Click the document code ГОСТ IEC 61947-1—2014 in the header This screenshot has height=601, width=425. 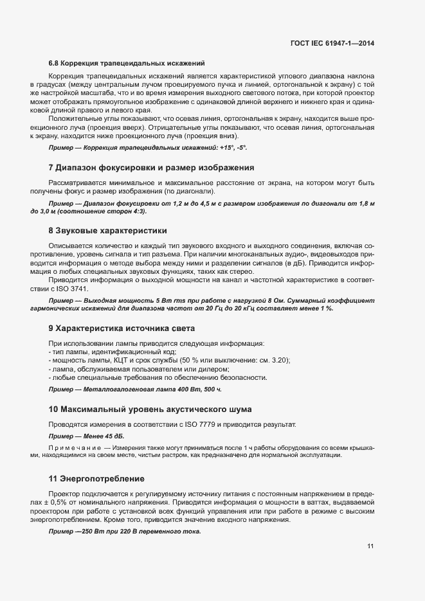[x=332, y=43]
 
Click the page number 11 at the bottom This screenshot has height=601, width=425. [x=370, y=547]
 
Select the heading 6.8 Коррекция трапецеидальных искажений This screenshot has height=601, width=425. [x=127, y=63]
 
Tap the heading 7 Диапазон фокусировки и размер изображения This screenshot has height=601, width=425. [x=151, y=168]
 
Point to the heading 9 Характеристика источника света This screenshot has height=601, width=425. [x=131, y=328]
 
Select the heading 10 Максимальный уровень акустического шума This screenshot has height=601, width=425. [x=150, y=409]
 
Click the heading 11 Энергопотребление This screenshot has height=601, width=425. [x=101, y=479]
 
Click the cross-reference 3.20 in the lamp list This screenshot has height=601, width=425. [x=260, y=361]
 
